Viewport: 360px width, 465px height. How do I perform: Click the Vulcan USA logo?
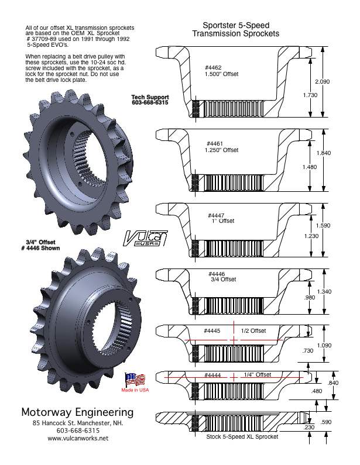[x=145, y=239]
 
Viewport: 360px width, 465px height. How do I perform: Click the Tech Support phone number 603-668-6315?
[x=150, y=102]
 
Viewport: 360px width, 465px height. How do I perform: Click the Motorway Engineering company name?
[x=77, y=412]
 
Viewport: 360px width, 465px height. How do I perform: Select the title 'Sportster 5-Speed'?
[x=236, y=26]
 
